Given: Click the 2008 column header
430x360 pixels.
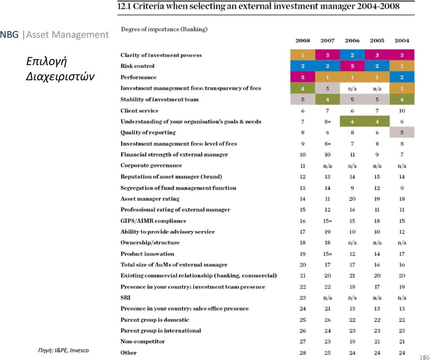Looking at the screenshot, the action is [302, 41].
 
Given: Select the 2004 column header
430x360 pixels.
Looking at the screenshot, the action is [402, 41].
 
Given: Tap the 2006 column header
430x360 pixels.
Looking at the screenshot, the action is [352, 41].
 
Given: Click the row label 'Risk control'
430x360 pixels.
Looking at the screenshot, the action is [138, 66].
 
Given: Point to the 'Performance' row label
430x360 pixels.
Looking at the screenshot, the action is [138, 78].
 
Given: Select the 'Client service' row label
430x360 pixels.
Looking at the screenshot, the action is [139, 111].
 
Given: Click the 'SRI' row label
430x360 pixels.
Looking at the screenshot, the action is [125, 298].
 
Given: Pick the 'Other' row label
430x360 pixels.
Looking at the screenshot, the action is [129, 353].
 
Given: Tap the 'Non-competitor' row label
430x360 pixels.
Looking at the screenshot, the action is [142, 342].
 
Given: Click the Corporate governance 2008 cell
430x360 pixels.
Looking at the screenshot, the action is [302, 166].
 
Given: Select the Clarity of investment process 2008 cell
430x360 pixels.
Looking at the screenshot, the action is [303, 55].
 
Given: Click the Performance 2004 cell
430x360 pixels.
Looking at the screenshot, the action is [402, 77].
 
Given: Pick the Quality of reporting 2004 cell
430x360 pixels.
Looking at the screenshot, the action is [402, 133].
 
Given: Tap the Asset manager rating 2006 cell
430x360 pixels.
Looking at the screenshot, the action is [352, 199].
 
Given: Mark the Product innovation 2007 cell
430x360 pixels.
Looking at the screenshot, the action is [327, 254].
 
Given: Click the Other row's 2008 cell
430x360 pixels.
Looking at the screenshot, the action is [302, 353].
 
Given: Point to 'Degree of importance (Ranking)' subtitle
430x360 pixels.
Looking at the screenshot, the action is [164, 29].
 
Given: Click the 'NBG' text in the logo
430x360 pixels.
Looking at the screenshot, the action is [9, 35].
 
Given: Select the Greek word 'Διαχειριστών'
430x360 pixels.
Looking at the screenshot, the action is [60, 76].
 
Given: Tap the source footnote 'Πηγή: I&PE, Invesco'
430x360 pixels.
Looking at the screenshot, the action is [64, 350].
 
